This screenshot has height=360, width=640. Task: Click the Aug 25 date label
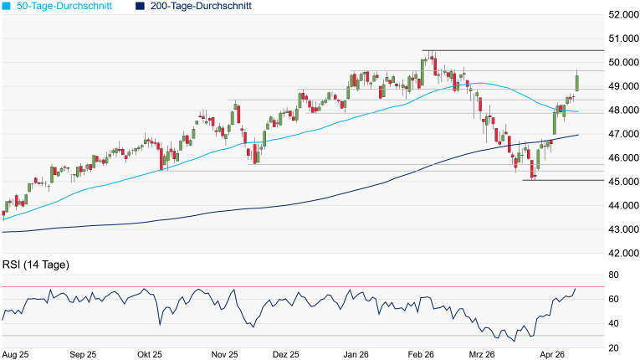click(16, 355)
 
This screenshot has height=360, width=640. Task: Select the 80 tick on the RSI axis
click(613, 275)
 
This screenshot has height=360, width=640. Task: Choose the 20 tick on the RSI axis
click(613, 347)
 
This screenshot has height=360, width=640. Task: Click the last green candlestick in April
click(577, 82)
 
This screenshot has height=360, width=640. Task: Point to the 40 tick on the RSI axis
click(613, 323)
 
